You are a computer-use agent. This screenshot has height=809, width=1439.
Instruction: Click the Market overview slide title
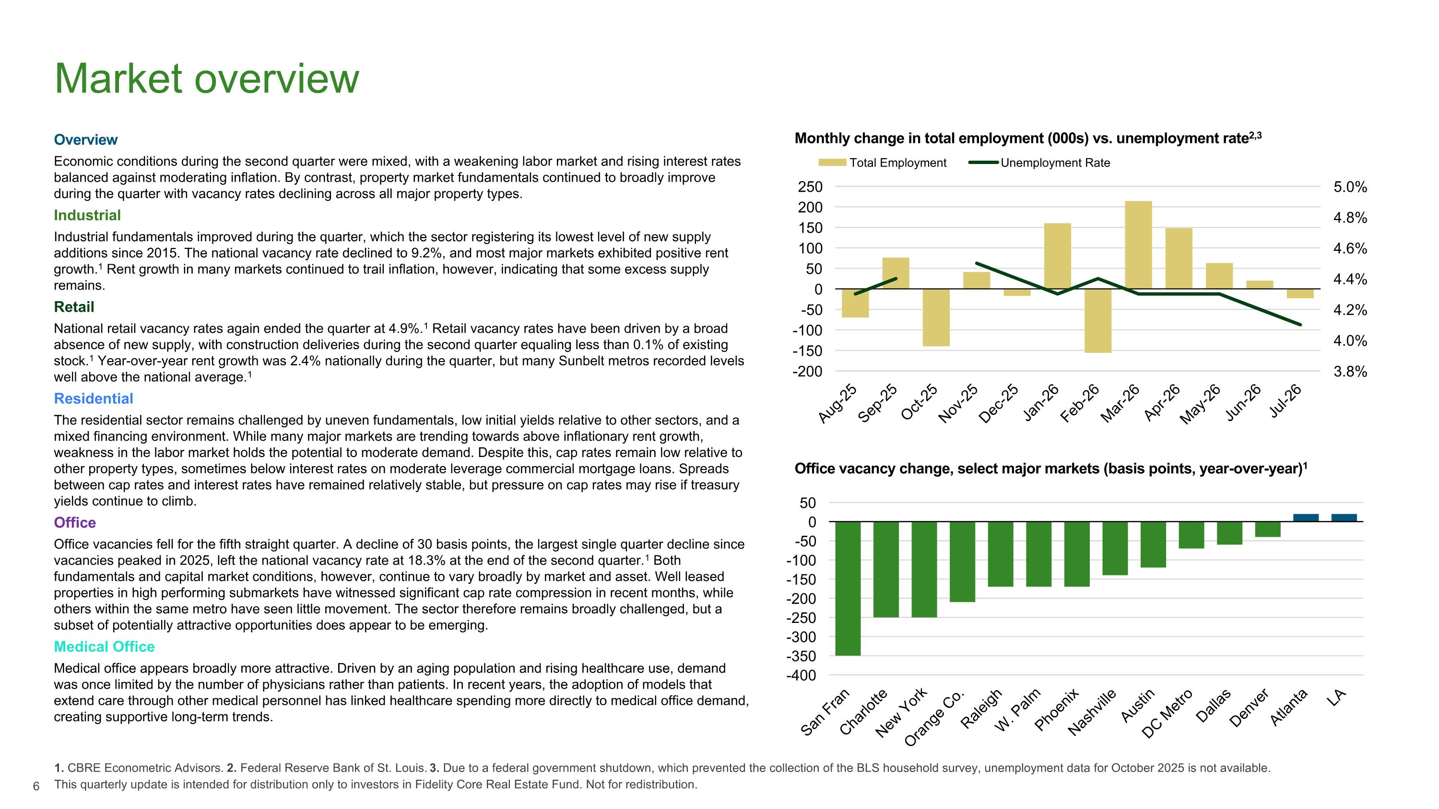click(207, 79)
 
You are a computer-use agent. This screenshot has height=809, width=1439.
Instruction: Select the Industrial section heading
click(87, 215)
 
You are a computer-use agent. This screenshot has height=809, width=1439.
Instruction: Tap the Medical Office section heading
click(104, 646)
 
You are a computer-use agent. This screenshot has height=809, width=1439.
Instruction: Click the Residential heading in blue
click(93, 399)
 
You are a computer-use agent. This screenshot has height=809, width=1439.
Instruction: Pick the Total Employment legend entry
click(882, 163)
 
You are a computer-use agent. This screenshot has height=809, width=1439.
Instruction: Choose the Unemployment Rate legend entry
click(1039, 163)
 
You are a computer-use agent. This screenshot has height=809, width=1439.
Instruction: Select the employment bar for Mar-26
click(1138, 245)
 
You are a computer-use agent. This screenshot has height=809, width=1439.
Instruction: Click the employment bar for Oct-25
click(936, 317)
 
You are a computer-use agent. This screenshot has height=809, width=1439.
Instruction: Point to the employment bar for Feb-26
click(1098, 321)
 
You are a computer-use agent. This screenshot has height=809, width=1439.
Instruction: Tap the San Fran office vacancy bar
click(848, 588)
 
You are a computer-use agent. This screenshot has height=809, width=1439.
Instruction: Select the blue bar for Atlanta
click(1306, 517)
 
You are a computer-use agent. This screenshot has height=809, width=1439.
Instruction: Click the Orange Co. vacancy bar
click(963, 562)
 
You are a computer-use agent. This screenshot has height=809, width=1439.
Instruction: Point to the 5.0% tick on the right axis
click(1350, 187)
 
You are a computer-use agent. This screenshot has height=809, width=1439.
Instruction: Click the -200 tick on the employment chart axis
click(807, 371)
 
